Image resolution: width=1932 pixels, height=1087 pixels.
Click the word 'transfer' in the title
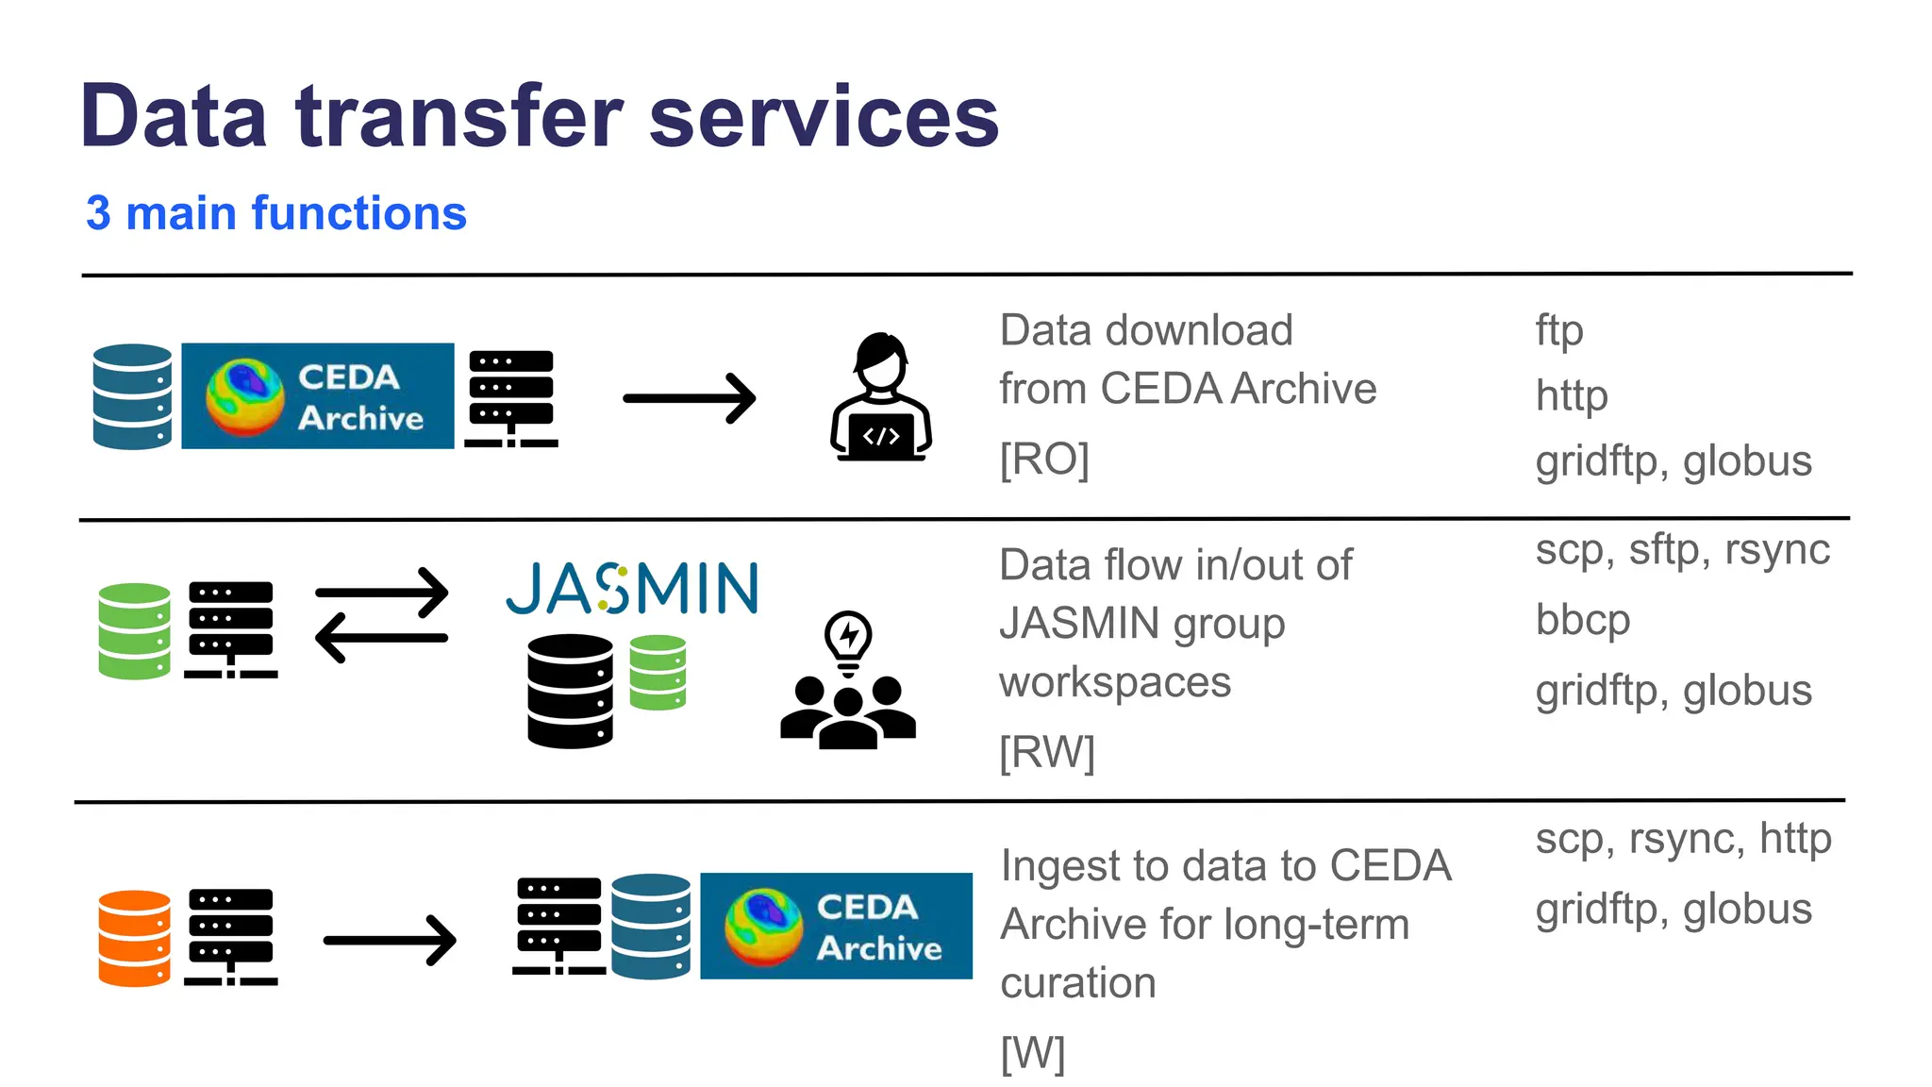point(459,117)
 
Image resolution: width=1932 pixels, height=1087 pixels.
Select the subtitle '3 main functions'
point(276,213)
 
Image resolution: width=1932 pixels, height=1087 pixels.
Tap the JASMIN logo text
point(632,589)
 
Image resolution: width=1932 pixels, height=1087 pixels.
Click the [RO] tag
point(1044,460)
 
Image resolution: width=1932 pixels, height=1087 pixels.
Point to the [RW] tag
point(1047,752)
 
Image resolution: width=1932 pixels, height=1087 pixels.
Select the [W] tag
point(1032,1052)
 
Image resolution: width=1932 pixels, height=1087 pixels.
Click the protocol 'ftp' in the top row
point(1558,330)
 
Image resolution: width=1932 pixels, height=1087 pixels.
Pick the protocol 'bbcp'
point(1582,620)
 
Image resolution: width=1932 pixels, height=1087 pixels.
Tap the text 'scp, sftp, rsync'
point(1682,550)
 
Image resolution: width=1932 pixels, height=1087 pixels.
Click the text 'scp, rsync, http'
point(1683,838)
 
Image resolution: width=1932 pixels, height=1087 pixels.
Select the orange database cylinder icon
point(135,938)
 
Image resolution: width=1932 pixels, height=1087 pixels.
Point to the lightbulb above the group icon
point(848,640)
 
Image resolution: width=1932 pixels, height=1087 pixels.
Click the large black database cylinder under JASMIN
point(570,691)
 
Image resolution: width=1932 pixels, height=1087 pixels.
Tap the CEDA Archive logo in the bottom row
point(836,926)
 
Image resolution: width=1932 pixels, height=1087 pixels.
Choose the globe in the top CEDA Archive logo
point(245,396)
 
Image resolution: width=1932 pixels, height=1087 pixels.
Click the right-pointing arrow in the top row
point(690,398)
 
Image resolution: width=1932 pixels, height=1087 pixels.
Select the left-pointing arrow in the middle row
point(381,638)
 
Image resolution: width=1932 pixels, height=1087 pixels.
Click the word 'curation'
point(1077,983)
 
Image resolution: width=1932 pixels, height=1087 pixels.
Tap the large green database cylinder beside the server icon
point(135,630)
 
